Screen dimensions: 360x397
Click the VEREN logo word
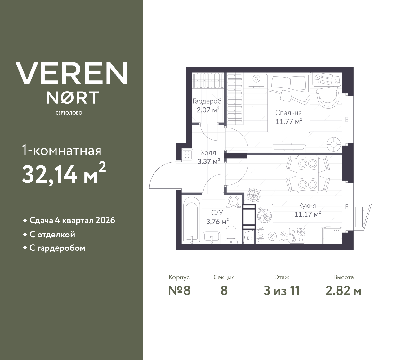pyautogui.click(x=72, y=73)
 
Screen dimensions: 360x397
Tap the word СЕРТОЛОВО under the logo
pyautogui.click(x=69, y=113)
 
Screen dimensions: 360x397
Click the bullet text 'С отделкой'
pyautogui.click(x=52, y=235)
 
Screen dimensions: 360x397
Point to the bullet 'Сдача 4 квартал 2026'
pyautogui.click(x=72, y=220)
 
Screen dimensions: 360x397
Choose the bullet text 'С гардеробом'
pyautogui.click(x=57, y=248)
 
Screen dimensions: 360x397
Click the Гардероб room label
pyautogui.click(x=207, y=101)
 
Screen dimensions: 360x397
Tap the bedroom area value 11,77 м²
pyautogui.click(x=288, y=121)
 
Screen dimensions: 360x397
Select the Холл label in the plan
pyautogui.click(x=208, y=153)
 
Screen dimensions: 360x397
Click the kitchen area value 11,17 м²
pyautogui.click(x=307, y=214)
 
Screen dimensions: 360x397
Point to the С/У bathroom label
pyautogui.click(x=217, y=213)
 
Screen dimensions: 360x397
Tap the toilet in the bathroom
pyautogui.click(x=231, y=234)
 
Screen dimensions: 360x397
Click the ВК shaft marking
pyautogui.click(x=249, y=238)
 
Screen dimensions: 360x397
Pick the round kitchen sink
pyautogui.click(x=264, y=214)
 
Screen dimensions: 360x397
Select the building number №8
pyautogui.click(x=179, y=290)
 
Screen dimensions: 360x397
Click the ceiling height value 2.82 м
pyautogui.click(x=343, y=290)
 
